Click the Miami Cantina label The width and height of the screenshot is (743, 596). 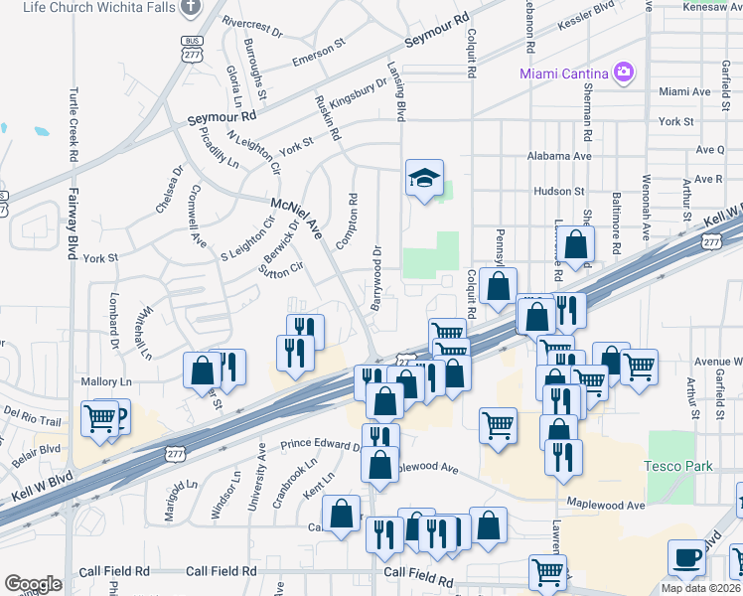point(564,74)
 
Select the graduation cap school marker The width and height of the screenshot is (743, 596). point(424,179)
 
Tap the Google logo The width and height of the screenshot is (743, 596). point(33,584)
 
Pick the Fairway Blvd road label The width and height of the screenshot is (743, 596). point(73,224)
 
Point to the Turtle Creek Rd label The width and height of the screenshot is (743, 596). point(73,124)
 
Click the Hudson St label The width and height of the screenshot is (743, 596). point(558,191)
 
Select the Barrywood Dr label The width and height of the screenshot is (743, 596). point(376,277)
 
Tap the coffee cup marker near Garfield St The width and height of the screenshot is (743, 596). point(686,559)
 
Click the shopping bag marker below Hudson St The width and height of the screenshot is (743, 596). point(575,243)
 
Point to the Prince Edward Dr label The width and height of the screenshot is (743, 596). point(321,446)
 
